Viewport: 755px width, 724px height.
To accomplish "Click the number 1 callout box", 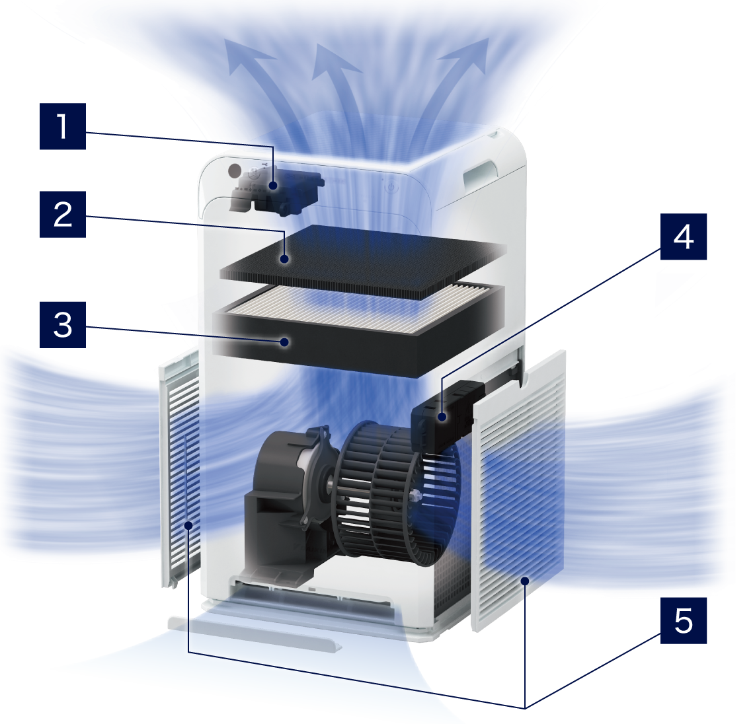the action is pyautogui.click(x=63, y=126).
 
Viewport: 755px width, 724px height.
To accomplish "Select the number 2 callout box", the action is pyautogui.click(x=63, y=214).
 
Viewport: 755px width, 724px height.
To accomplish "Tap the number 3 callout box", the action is pyautogui.click(x=63, y=325).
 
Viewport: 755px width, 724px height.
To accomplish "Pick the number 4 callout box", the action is pyautogui.click(x=683, y=236).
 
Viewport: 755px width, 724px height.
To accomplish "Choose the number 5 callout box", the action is pyautogui.click(x=683, y=620).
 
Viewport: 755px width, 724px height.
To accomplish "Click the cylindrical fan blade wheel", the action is pyautogui.click(x=397, y=493).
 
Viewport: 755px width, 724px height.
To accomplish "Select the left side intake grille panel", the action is pyautogui.click(x=180, y=469).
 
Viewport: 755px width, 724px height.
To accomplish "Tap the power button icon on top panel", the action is pyautogui.click(x=391, y=186).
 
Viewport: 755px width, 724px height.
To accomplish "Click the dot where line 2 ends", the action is pyautogui.click(x=286, y=259).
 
